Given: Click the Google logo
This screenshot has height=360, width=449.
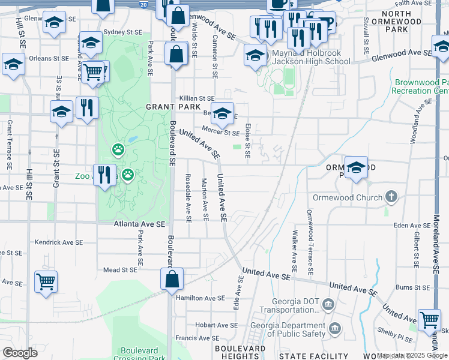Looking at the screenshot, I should pyautogui.click(x=20, y=353).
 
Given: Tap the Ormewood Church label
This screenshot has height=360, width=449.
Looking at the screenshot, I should pyautogui.click(x=347, y=197).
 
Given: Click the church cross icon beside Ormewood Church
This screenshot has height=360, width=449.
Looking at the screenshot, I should pyautogui.click(x=391, y=197).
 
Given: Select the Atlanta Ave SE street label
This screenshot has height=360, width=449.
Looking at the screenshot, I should pyautogui.click(x=139, y=224).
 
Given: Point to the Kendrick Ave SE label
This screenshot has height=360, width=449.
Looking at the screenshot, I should pyautogui.click(x=58, y=242).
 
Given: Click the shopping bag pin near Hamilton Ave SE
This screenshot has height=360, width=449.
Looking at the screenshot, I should pyautogui.click(x=172, y=279).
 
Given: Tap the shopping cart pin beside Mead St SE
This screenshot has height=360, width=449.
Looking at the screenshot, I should pyautogui.click(x=46, y=281).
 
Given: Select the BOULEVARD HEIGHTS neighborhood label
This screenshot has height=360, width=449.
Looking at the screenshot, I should pyautogui.click(x=240, y=352).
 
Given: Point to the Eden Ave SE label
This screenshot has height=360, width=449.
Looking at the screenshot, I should pyautogui.click(x=409, y=226).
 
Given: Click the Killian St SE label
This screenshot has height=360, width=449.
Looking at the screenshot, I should pyautogui.click(x=197, y=98).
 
